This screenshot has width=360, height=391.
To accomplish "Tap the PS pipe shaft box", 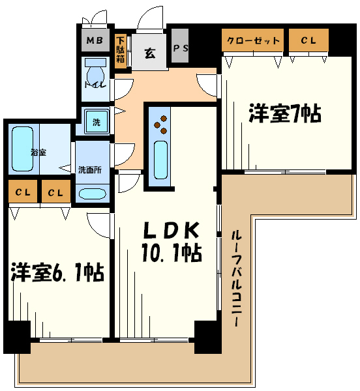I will [x=179, y=48].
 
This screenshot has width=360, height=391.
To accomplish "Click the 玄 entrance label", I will [x=149, y=53].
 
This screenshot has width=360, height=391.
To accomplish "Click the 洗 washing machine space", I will [x=96, y=121].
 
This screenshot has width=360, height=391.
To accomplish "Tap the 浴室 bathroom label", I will [x=38, y=152].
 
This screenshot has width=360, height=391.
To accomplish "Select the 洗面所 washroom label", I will [x=90, y=169].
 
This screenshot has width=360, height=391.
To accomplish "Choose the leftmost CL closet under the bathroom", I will [x=23, y=192].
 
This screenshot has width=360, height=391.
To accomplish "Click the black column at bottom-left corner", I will [x=17, y=337].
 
